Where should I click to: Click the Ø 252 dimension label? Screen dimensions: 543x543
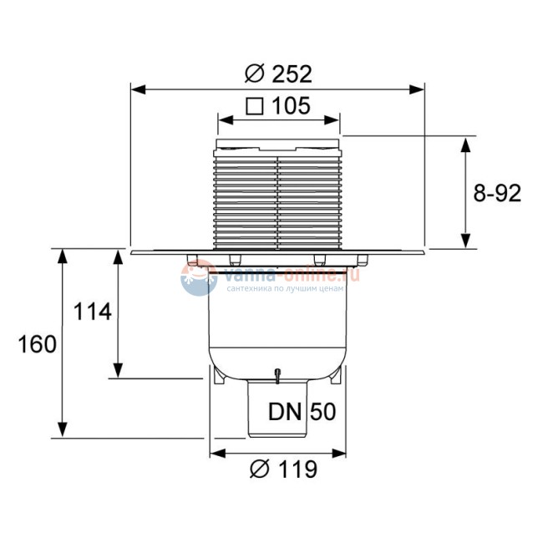click(x=278, y=74)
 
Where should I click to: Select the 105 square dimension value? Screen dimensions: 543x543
click(x=292, y=106)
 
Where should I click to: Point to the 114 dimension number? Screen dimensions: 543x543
click(x=93, y=312)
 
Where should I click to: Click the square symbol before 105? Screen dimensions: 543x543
click(x=256, y=106)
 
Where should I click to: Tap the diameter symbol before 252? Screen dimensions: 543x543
click(x=254, y=74)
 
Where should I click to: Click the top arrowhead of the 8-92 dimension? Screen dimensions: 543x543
click(x=466, y=143)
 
